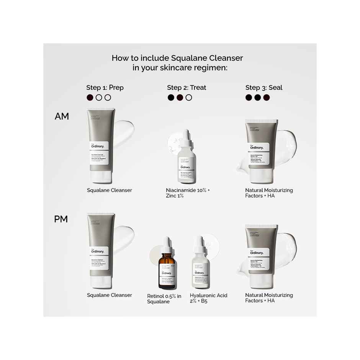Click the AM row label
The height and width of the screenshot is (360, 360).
coord(62,116)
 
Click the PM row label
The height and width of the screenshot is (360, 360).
coord(61,219)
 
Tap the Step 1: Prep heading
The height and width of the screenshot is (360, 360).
coord(105,88)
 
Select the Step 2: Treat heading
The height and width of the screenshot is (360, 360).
coord(187,88)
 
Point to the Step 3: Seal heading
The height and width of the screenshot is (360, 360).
coord(264,88)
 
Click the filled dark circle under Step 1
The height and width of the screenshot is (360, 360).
coord(90,98)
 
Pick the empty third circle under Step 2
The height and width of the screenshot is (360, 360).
coord(188,98)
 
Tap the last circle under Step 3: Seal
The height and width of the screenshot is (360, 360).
coord(267,98)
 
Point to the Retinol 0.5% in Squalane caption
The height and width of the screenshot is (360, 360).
coord(164,299)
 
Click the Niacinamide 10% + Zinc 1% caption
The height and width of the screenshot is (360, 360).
coord(188,193)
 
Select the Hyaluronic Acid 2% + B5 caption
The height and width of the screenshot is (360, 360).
coord(208,298)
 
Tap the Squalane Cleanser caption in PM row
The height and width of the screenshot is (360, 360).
coord(110,295)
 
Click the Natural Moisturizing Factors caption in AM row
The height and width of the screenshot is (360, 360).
coord(269,193)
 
